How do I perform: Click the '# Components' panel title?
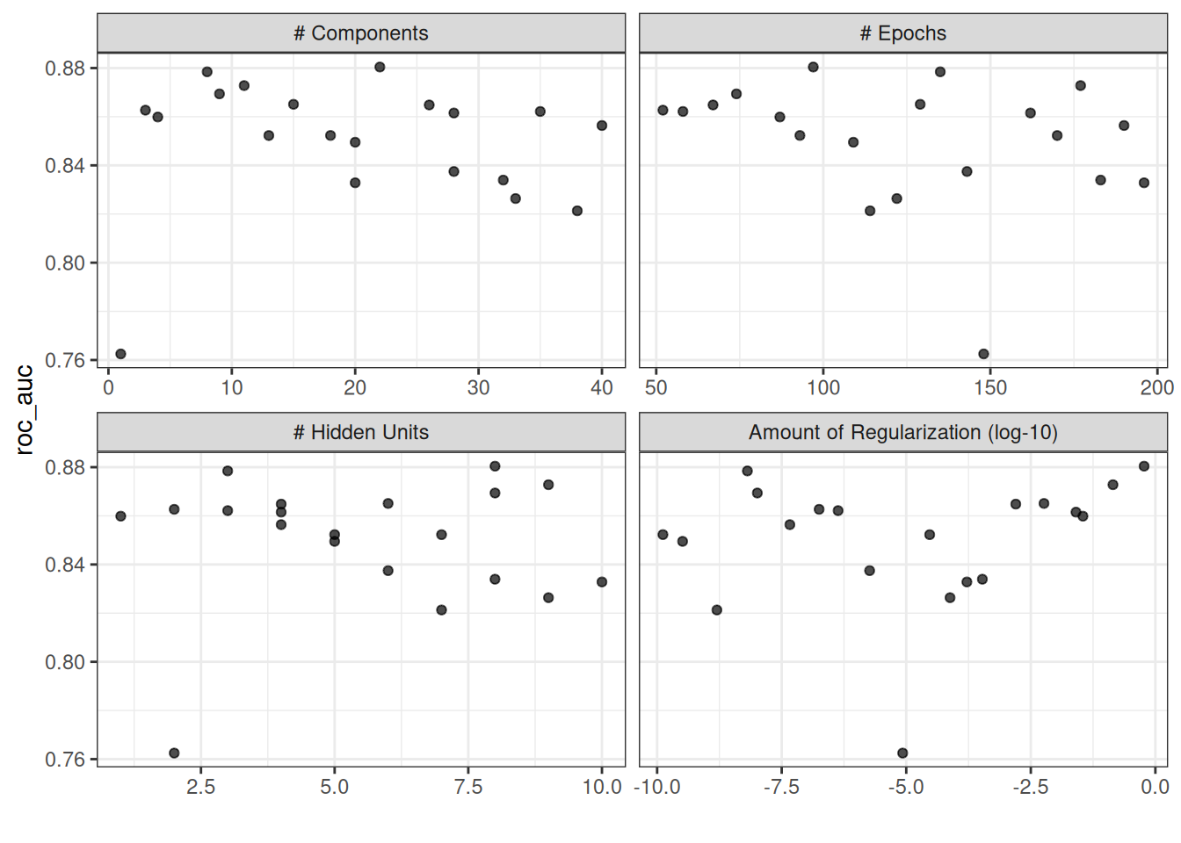(x=360, y=33)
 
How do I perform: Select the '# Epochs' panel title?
(x=902, y=33)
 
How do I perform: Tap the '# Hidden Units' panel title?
(x=360, y=432)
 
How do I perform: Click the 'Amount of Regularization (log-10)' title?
(x=902, y=432)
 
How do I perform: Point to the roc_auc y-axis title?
(x=25, y=409)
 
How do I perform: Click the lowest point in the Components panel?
(x=120, y=354)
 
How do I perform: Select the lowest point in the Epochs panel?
(x=983, y=354)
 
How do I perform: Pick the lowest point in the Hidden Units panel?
(x=174, y=753)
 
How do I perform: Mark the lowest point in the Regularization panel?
(x=902, y=753)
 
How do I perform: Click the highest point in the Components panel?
(x=380, y=67)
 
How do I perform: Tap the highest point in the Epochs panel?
(x=813, y=67)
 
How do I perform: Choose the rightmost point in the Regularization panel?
(x=1144, y=466)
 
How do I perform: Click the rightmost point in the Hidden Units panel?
(x=602, y=581)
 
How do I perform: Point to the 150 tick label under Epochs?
(x=990, y=387)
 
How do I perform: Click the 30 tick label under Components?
(x=478, y=387)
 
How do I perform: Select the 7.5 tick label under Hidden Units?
(x=468, y=787)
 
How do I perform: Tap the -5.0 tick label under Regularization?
(x=905, y=787)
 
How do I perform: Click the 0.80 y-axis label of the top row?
(x=65, y=263)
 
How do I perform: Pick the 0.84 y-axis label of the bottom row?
(x=65, y=565)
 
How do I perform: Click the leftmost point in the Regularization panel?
(x=663, y=535)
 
